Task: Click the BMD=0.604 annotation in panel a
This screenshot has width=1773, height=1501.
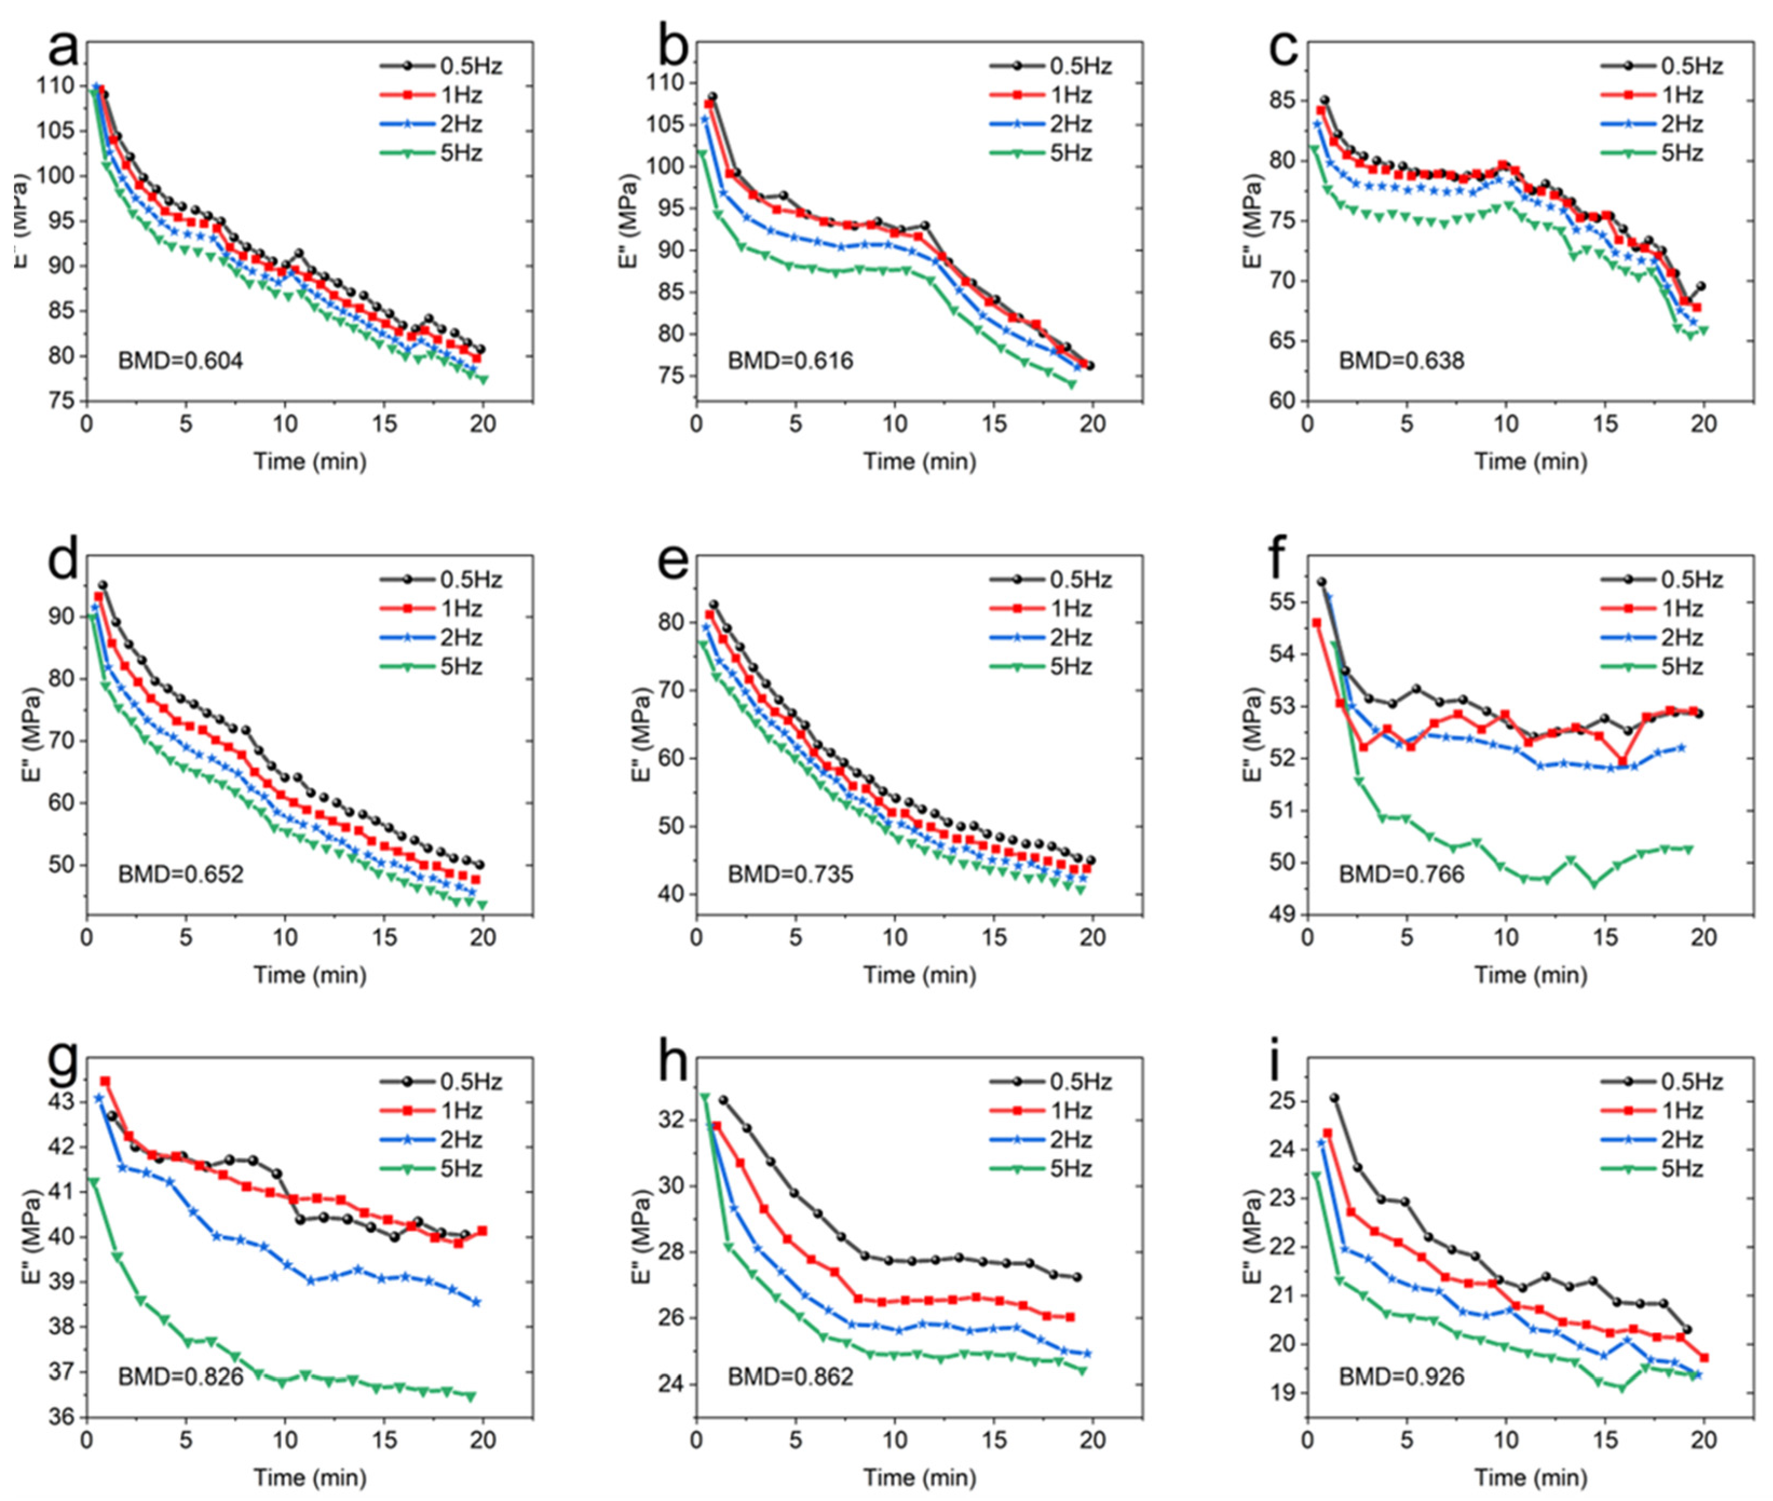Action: click(180, 361)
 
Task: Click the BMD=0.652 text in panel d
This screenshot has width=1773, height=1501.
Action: click(180, 874)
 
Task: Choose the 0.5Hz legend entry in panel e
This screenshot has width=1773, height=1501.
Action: click(1050, 581)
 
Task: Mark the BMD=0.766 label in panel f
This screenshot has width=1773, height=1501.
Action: click(1402, 874)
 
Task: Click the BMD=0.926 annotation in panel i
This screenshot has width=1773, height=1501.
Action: click(1402, 1376)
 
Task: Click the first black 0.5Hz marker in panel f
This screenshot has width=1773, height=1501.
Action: click(1321, 582)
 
